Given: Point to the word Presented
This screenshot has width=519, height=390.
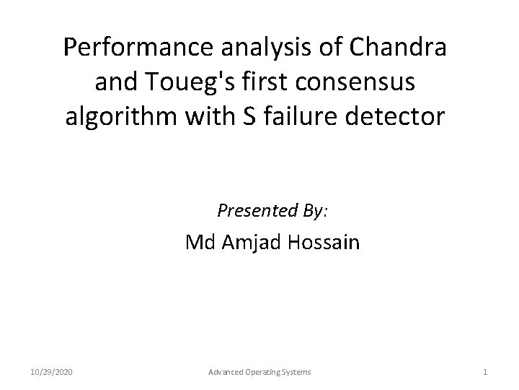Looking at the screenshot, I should click(254, 211).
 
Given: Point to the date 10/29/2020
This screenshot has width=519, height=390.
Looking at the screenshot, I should click(53, 371).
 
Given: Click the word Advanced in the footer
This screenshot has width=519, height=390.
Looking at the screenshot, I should click(224, 371).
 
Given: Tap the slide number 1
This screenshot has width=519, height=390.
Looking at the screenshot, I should click(485, 371).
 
